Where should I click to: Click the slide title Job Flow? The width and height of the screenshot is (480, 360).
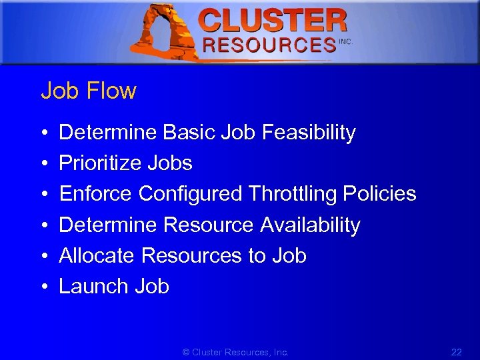[x=89, y=91]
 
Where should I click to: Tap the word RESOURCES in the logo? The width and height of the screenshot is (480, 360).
[x=269, y=45]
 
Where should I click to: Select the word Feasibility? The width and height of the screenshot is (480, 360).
[x=309, y=133]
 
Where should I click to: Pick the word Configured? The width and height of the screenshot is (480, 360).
[x=190, y=194]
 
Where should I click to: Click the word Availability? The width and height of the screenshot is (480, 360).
[x=310, y=225]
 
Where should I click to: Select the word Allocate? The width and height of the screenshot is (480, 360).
[x=97, y=256]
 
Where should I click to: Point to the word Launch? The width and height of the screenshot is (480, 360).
[x=94, y=287]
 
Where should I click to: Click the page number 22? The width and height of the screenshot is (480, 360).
[x=456, y=352]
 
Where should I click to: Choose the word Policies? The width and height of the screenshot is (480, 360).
[x=379, y=194]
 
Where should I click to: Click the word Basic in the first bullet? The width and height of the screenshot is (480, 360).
[x=185, y=133]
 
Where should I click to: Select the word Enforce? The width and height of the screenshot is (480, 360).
[x=96, y=194]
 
